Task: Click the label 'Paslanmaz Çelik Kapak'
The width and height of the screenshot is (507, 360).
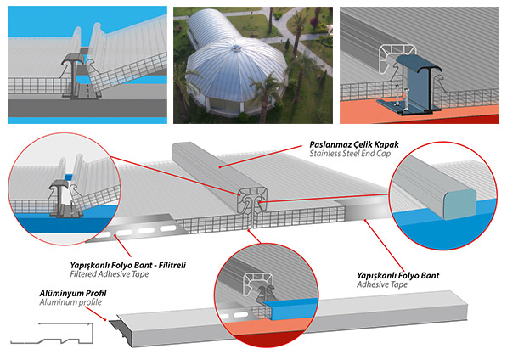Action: [354, 144]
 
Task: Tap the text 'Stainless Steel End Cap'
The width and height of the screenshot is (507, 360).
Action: [350, 154]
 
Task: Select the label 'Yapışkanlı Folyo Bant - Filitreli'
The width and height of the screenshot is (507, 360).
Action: [128, 266]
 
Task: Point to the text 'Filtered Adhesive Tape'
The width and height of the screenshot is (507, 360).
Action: [110, 274]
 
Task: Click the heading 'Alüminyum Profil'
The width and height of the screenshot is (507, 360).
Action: [73, 294]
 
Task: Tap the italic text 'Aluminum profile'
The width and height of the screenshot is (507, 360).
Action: [70, 302]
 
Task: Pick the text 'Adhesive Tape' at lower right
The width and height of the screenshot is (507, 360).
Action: [382, 284]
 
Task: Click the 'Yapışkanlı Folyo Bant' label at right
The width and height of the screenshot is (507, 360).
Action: [398, 276]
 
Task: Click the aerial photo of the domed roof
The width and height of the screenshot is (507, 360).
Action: [253, 65]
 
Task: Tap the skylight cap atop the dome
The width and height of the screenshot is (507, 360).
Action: [237, 48]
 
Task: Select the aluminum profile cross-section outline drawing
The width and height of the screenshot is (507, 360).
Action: [52, 333]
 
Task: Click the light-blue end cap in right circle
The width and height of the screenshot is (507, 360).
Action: [460, 205]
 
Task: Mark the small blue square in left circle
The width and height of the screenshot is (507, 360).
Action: [69, 177]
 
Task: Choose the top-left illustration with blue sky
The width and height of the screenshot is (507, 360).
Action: [87, 65]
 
